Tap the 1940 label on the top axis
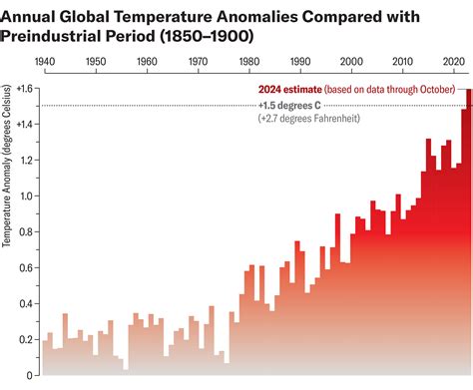click(x=45, y=62)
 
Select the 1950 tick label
click(x=96, y=62)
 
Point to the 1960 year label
click(x=147, y=62)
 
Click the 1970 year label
click(x=198, y=62)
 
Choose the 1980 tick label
click(x=248, y=62)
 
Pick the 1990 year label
click(x=299, y=62)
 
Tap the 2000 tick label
click(x=350, y=62)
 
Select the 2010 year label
click(x=401, y=62)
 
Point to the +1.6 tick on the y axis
click(x=25, y=89)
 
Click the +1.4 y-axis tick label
click(x=25, y=125)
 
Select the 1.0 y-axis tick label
click(x=25, y=196)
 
